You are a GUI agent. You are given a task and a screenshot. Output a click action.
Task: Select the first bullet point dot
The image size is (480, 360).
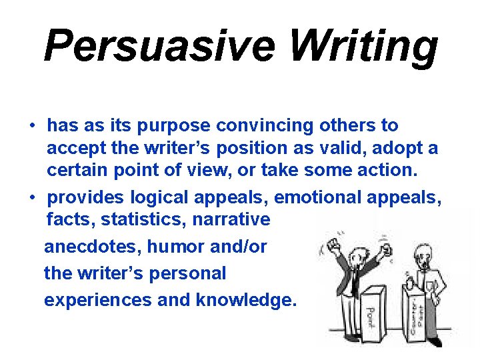tap(31, 126)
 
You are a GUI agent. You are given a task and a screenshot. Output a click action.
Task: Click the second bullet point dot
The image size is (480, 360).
tap(31, 198)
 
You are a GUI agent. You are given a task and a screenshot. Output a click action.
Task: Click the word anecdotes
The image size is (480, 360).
tap(93, 247)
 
